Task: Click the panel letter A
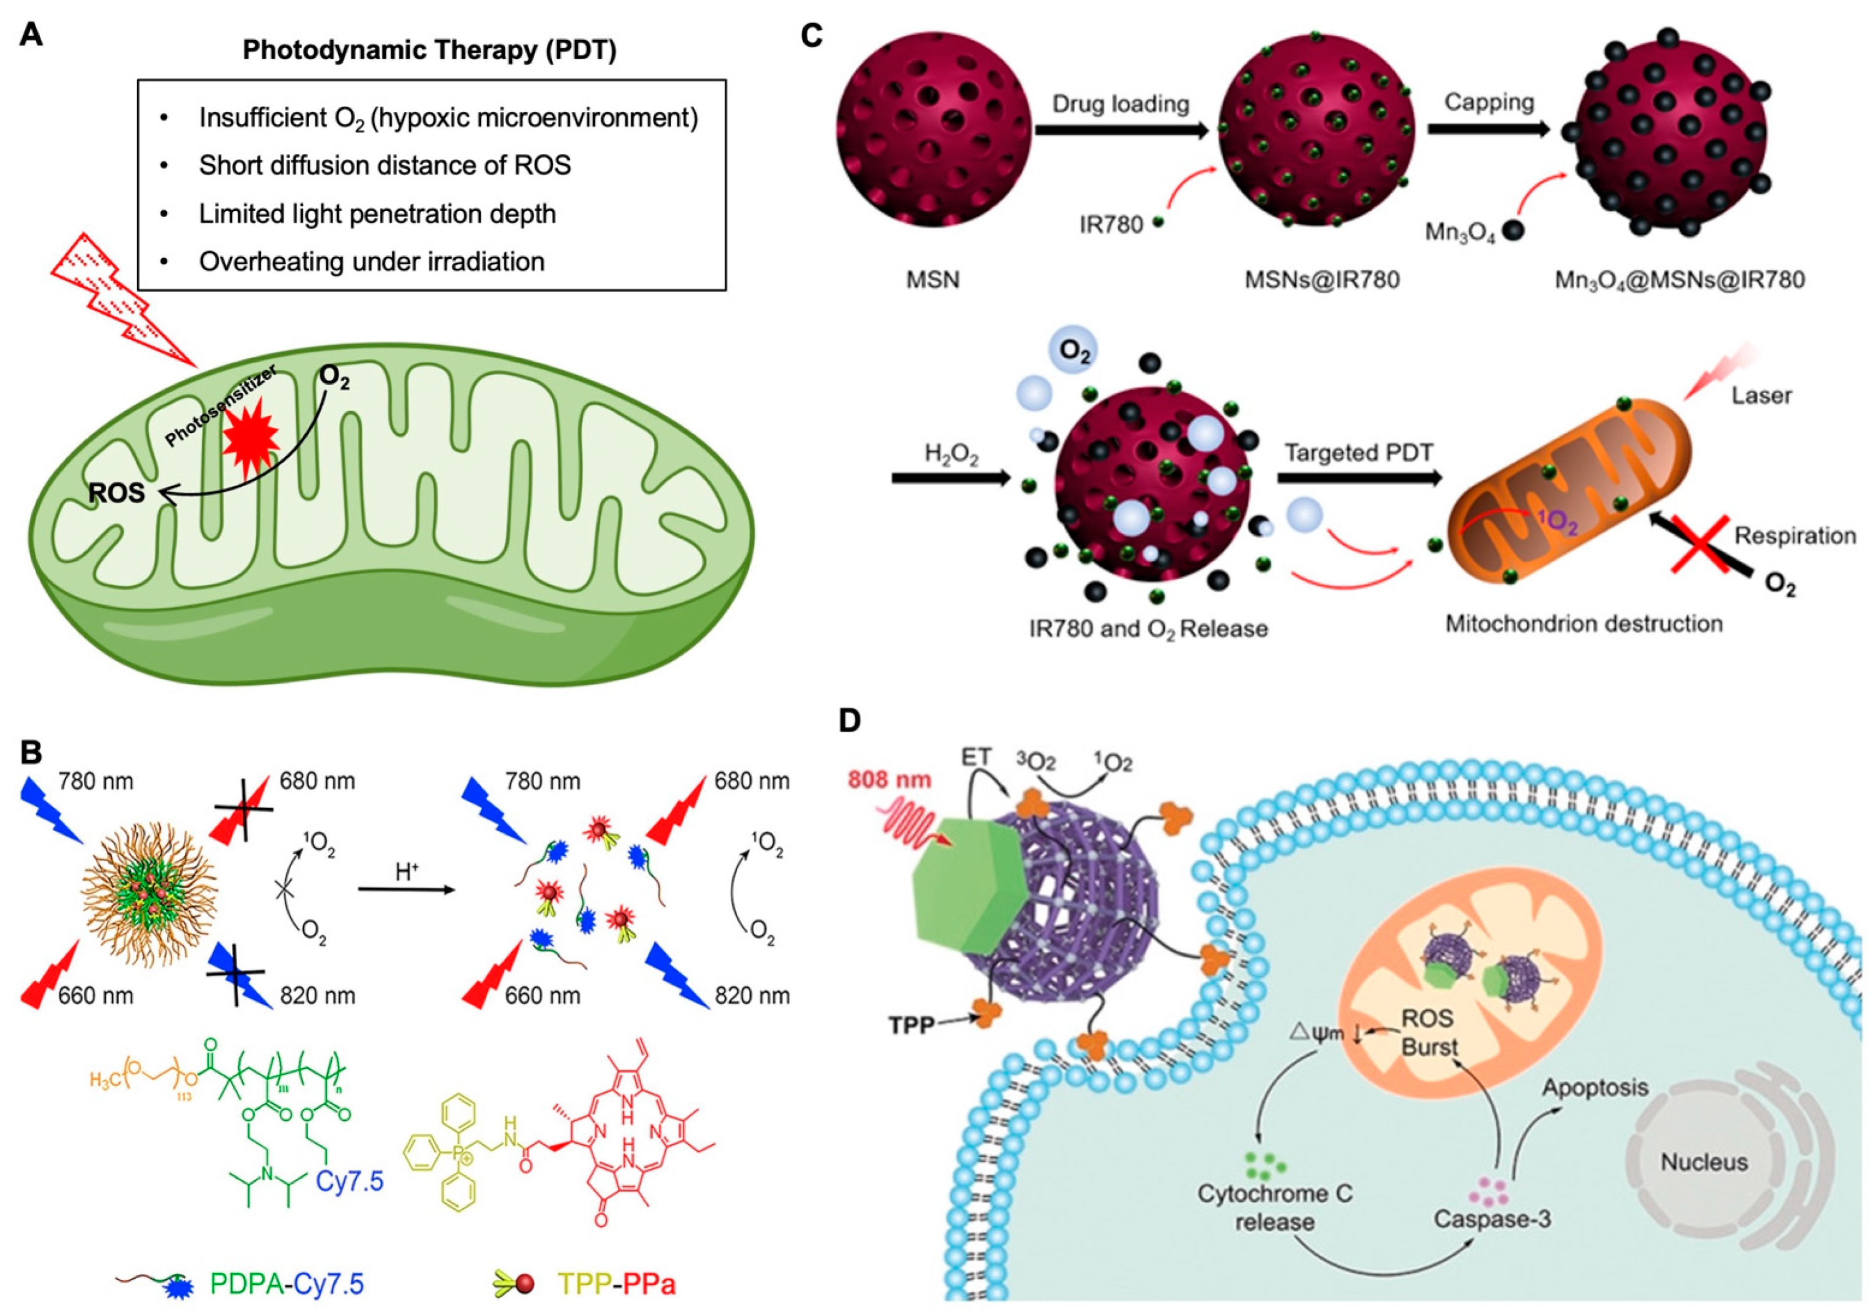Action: [30, 35]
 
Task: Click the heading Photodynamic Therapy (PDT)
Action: [430, 50]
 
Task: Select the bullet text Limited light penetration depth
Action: [377, 214]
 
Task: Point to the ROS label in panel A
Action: [117, 493]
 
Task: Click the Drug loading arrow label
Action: [1120, 104]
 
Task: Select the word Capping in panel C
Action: [1489, 102]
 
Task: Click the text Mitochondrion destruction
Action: [1583, 623]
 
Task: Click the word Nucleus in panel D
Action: [1703, 1162]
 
